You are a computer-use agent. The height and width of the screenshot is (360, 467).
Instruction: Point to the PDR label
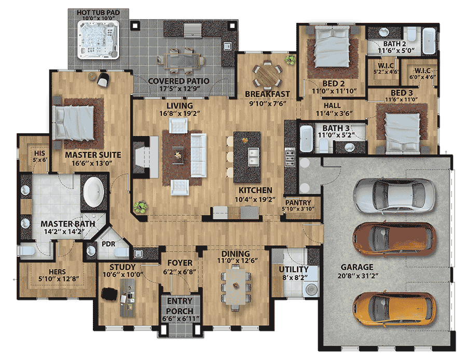pyautogui.click(x=108, y=243)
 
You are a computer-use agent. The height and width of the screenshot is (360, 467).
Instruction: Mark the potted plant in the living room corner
pyautogui.click(x=139, y=207)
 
